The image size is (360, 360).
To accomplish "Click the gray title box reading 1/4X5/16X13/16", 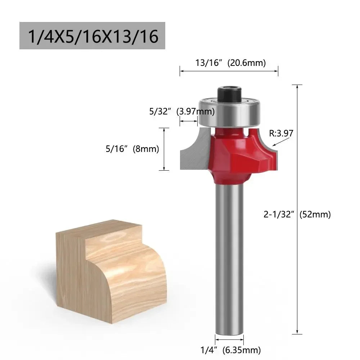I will tap(92, 36).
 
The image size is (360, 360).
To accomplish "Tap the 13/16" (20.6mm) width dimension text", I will tap(230, 63).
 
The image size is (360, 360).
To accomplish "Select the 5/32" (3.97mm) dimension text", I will tap(182, 111).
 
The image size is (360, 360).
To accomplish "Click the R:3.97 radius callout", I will tap(281, 134).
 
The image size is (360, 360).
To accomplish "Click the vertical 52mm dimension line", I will tap(297, 274).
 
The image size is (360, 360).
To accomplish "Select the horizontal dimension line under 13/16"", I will tap(229, 71).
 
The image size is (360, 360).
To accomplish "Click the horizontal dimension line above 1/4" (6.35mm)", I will tap(229, 340).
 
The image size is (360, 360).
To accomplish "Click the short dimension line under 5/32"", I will tap(189, 121).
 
